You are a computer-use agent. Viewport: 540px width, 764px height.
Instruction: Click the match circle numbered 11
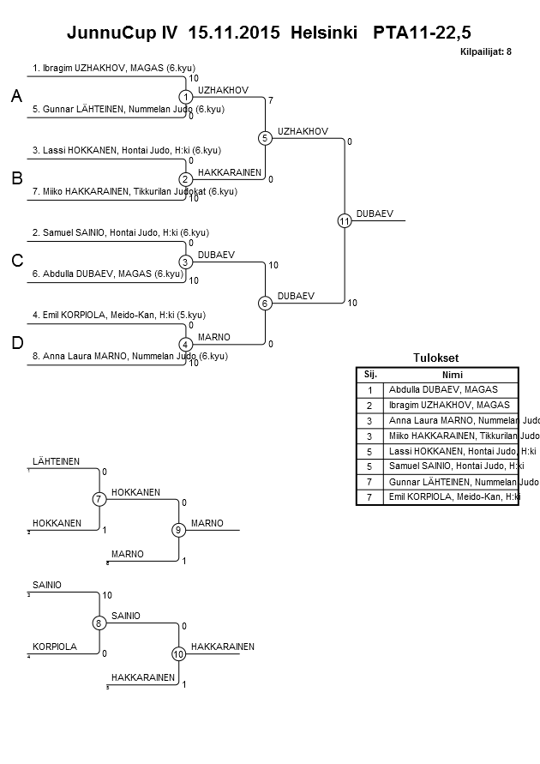point(345,221)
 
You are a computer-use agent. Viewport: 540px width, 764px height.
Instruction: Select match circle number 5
point(265,138)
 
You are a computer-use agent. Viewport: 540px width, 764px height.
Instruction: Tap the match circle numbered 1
point(185,97)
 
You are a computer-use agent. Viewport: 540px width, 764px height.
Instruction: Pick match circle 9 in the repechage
point(178,530)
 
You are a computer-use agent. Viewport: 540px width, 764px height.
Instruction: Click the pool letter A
point(16,98)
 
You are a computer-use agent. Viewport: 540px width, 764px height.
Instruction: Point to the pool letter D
point(16,344)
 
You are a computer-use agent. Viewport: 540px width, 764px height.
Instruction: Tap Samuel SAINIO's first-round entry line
point(121,232)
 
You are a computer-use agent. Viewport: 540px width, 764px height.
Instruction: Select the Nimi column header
point(451,375)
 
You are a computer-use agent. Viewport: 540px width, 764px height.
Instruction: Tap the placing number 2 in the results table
point(369,405)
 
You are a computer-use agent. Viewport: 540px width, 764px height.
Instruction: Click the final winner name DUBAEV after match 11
point(375,214)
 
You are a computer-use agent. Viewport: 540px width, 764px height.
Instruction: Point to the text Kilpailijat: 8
point(486,51)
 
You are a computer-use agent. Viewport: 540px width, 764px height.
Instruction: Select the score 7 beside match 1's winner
point(271,101)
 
